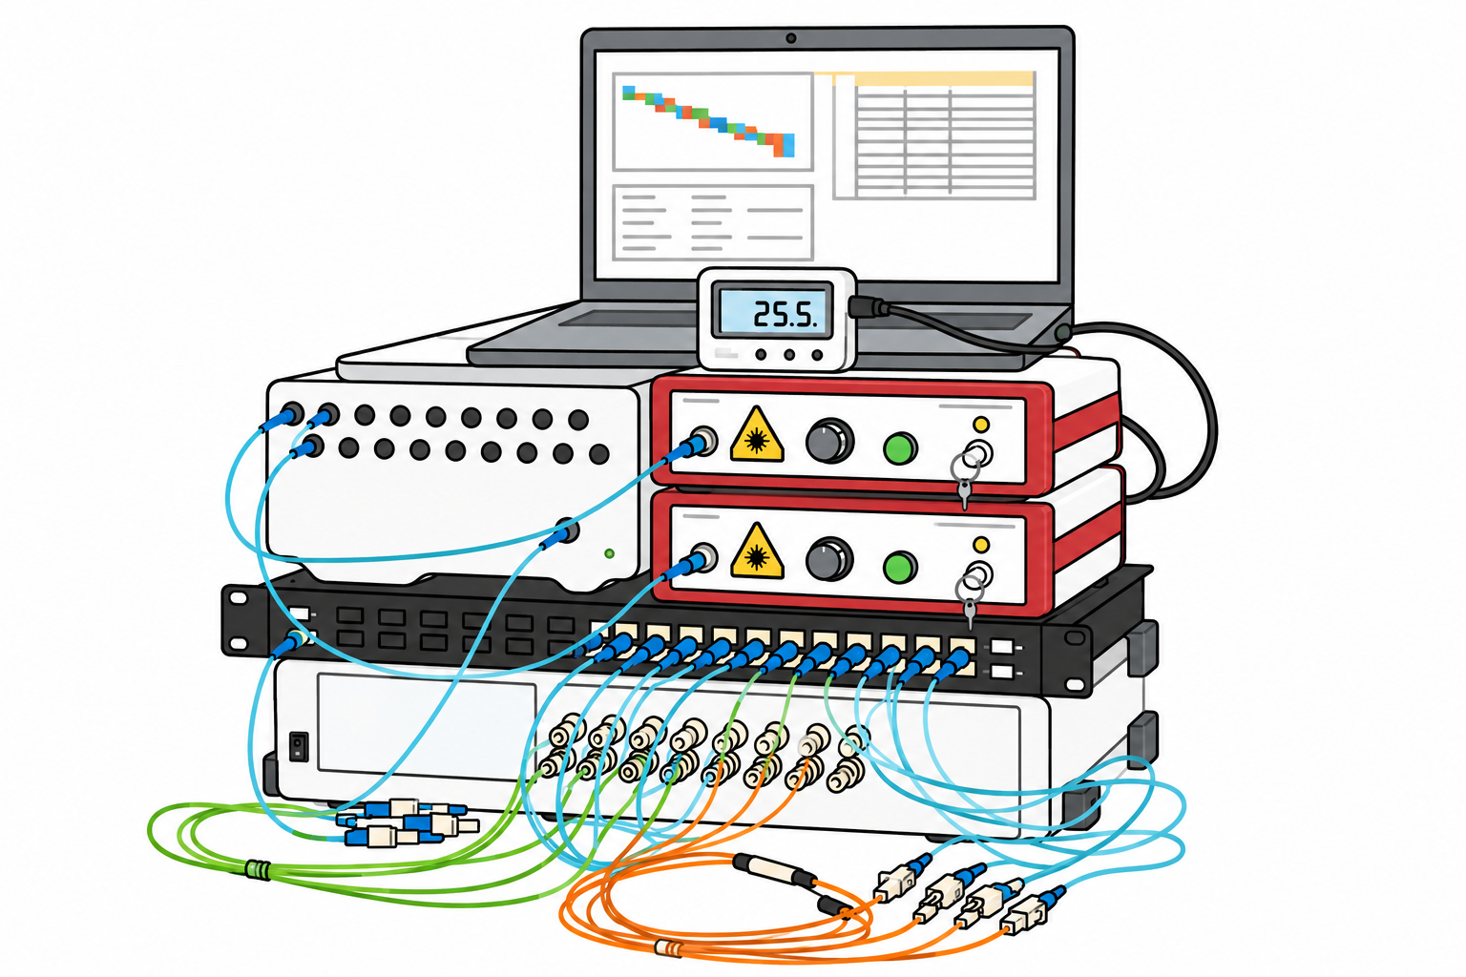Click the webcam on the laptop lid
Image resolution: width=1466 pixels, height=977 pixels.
click(x=790, y=38)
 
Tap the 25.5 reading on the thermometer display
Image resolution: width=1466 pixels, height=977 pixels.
click(x=785, y=315)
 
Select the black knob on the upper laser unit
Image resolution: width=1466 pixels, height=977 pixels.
click(x=829, y=441)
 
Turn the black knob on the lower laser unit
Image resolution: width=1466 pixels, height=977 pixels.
click(x=829, y=559)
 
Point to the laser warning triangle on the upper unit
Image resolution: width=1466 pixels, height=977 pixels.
click(x=757, y=435)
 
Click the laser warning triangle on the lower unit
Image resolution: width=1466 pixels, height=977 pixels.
click(x=757, y=551)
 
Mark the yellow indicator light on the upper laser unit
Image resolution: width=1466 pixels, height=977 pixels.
click(x=980, y=424)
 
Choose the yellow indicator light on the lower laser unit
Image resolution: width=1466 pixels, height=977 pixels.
click(x=980, y=544)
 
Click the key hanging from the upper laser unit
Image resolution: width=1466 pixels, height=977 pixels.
click(x=965, y=492)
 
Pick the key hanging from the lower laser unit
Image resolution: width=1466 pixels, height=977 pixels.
click(x=970, y=613)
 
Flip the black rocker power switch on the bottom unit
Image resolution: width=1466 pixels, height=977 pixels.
click(x=299, y=747)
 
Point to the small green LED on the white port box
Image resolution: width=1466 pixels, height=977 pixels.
click(x=609, y=553)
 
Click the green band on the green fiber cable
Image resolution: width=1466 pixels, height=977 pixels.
click(x=257, y=870)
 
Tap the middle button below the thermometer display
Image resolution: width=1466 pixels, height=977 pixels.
click(x=789, y=355)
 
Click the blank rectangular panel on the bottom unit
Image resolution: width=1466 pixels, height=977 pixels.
click(x=427, y=724)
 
